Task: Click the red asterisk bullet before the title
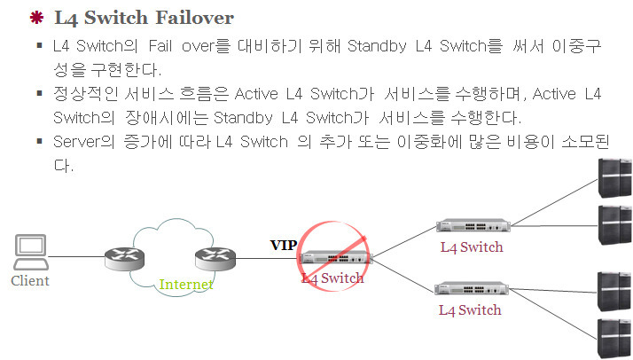36,17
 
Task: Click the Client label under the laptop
30,281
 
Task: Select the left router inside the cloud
123,257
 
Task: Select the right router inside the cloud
215,257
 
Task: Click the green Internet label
185,285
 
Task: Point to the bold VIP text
284,246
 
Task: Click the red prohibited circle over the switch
331,256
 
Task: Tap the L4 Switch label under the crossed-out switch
332,278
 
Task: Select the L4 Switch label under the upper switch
471,247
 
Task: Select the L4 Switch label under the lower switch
470,310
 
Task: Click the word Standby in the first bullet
377,44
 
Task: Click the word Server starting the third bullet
77,142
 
